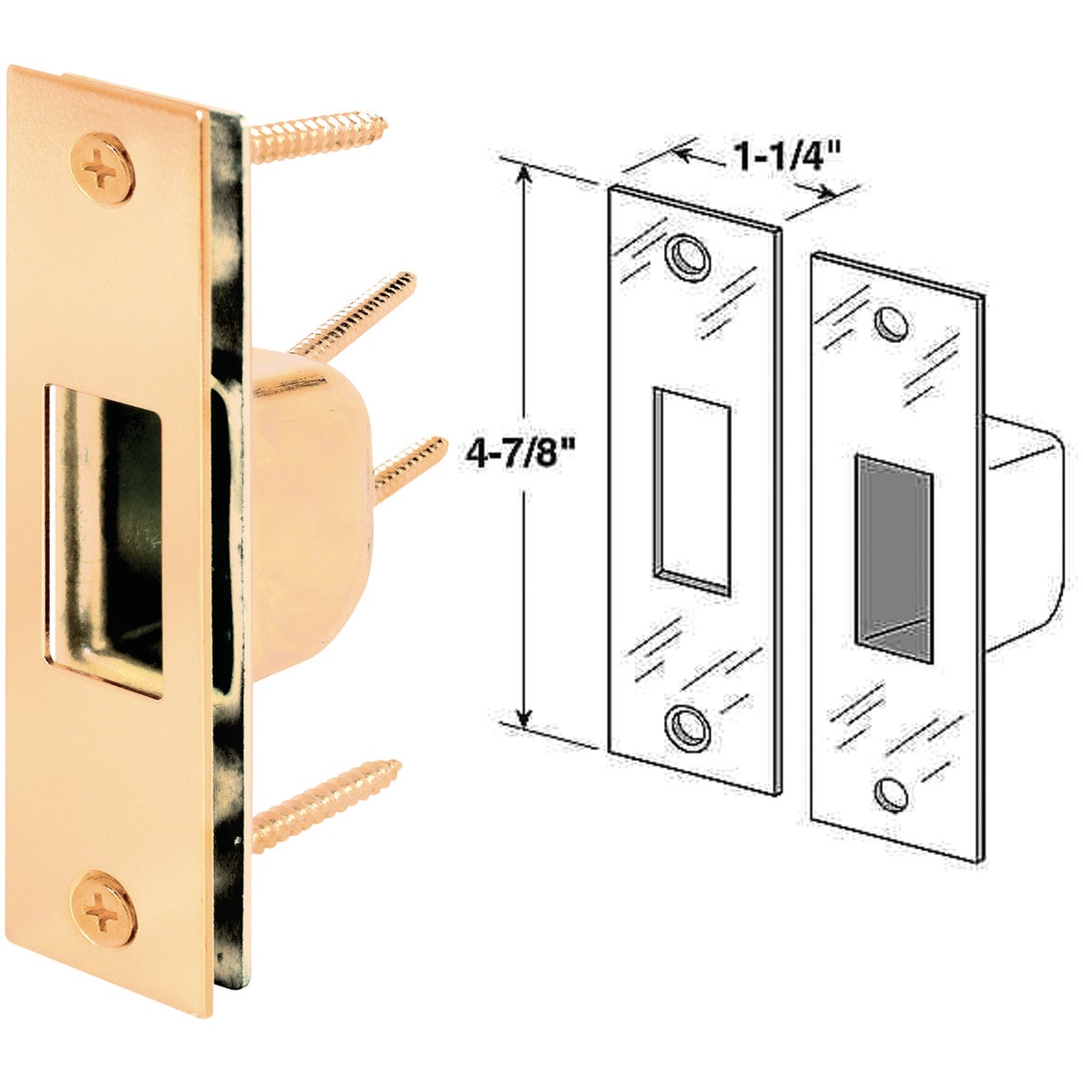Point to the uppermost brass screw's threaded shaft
click(x=316, y=135)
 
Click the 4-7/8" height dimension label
click(x=519, y=449)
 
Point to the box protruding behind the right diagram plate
click(x=1024, y=532)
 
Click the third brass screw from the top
click(x=411, y=462)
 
